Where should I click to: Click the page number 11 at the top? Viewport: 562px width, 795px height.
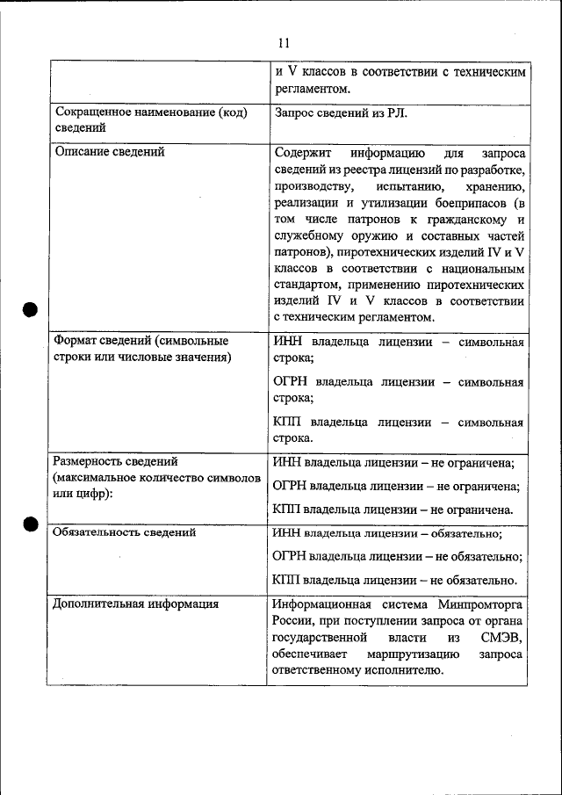[x=282, y=42]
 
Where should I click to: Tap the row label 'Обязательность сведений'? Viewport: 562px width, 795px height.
[x=124, y=531]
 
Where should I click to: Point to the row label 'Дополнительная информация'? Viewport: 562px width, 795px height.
[x=135, y=603]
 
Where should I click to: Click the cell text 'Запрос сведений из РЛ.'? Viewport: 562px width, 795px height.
[x=341, y=112]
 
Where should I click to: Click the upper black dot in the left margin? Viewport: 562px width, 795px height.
[x=29, y=308]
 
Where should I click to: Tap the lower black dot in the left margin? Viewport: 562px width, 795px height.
[x=29, y=524]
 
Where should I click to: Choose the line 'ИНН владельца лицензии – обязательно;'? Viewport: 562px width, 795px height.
[x=387, y=532]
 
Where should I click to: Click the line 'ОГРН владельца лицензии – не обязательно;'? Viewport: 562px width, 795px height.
[x=397, y=556]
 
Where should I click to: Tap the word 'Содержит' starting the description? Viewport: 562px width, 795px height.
[x=301, y=152]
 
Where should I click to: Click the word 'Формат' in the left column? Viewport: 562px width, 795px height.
[x=78, y=341]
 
